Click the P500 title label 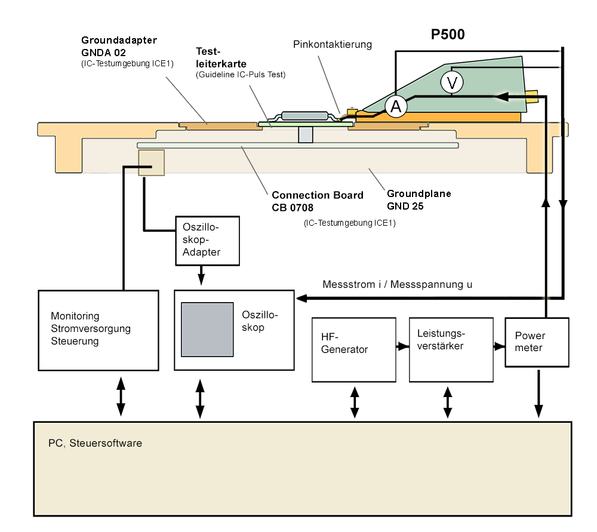pyautogui.click(x=448, y=35)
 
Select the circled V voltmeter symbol pyautogui.click(x=451, y=83)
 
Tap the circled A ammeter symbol pyautogui.click(x=395, y=107)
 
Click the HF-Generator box pyautogui.click(x=354, y=349)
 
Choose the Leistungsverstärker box pyautogui.click(x=451, y=349)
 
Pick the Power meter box pyautogui.click(x=537, y=342)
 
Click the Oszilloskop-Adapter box pyautogui.click(x=207, y=241)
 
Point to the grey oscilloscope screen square pyautogui.click(x=207, y=330)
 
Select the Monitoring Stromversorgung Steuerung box pyautogui.click(x=99, y=330)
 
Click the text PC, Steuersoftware pyautogui.click(x=95, y=444)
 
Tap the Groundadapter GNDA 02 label pyautogui.click(x=119, y=46)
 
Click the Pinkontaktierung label pyautogui.click(x=333, y=44)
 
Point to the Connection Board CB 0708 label pyautogui.click(x=317, y=201)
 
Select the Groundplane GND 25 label pyautogui.click(x=419, y=199)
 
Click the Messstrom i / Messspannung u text pyautogui.click(x=397, y=284)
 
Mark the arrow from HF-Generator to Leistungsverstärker pyautogui.click(x=402, y=346)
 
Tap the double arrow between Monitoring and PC pyautogui.click(x=121, y=396)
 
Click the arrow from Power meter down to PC pyautogui.click(x=538, y=394)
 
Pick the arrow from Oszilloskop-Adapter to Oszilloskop pyautogui.click(x=201, y=276)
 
